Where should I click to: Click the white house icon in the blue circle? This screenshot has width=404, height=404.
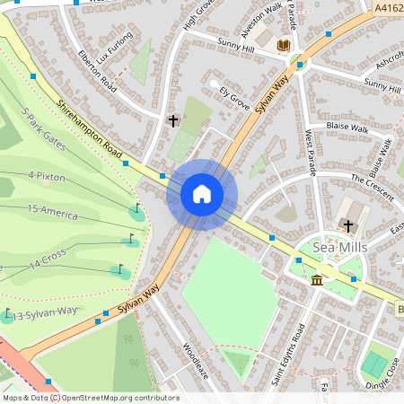point(202,193)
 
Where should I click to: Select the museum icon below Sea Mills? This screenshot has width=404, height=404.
point(317,281)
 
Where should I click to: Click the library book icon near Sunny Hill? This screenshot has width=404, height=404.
point(284,45)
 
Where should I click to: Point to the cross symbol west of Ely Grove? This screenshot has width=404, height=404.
point(173,119)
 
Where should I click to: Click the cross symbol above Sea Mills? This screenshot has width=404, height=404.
point(349,225)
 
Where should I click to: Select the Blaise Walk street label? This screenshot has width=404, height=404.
point(348,128)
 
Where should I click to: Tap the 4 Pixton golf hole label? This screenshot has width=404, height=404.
point(47,176)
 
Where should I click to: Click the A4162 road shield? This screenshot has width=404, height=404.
point(388,8)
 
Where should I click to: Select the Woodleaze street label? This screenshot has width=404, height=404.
point(196,358)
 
